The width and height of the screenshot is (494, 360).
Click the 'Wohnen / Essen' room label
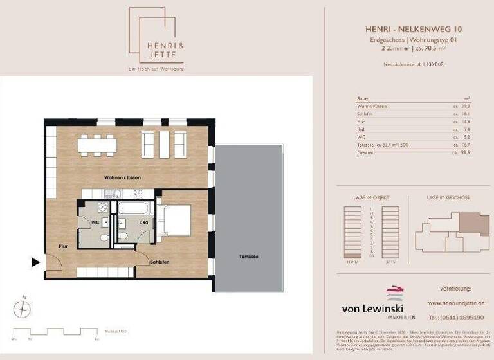pos(122,177)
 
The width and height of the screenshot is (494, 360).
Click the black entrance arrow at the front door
pos(35,262)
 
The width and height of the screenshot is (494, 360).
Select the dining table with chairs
pos(98,145)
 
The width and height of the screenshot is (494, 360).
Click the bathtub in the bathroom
pos(133,207)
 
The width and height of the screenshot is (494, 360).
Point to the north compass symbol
pos(23,310)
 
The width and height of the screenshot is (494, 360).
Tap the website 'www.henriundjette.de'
pos(456,303)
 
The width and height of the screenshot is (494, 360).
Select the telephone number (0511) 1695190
pos(456,318)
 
